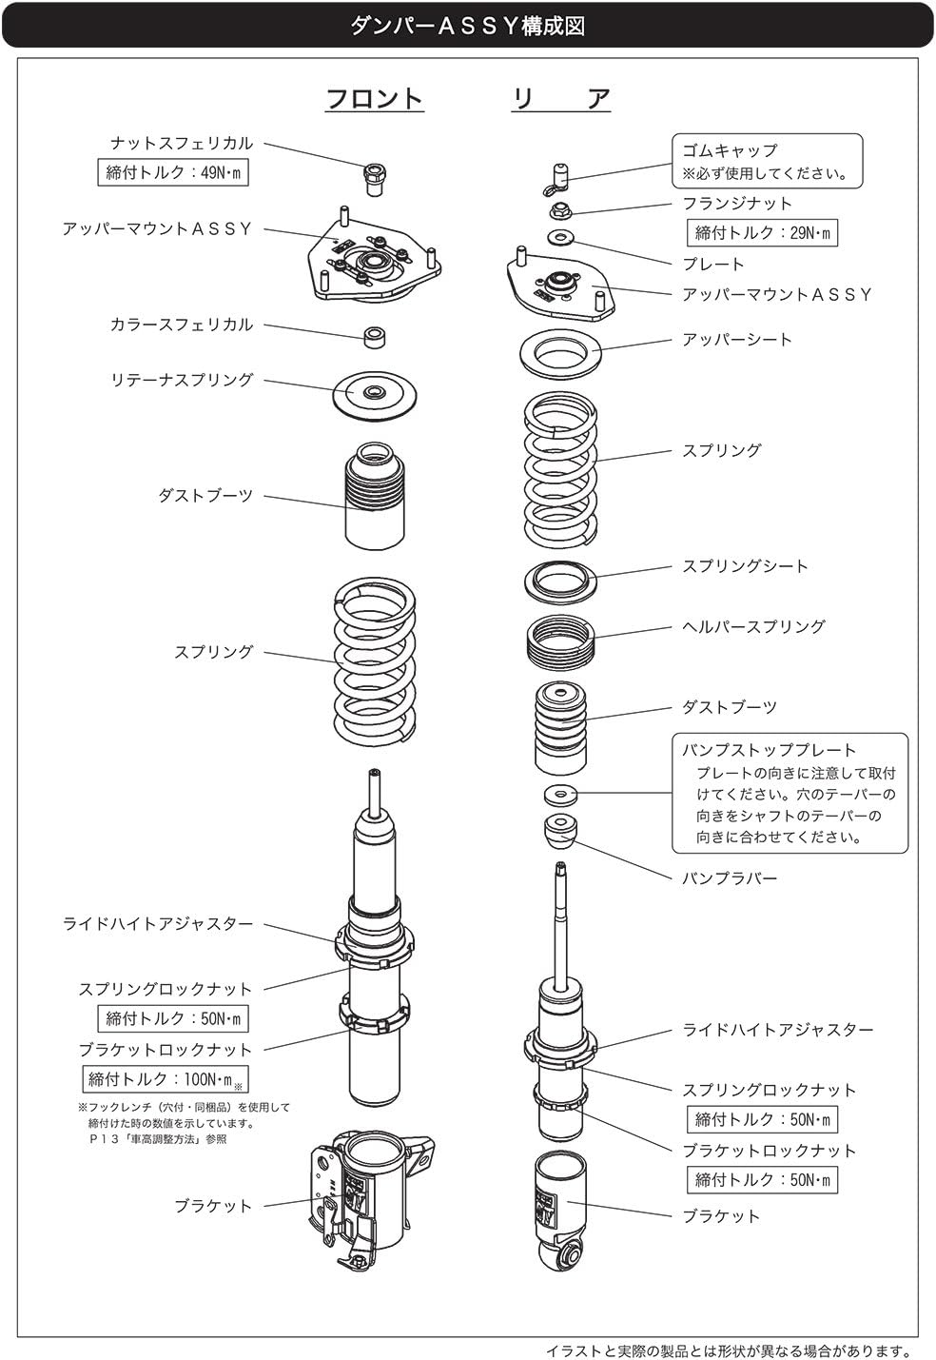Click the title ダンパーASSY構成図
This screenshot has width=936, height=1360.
467,26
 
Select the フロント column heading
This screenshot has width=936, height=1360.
374,98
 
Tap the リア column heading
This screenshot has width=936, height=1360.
561,98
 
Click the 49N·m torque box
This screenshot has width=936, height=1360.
173,173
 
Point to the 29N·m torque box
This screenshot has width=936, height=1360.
762,233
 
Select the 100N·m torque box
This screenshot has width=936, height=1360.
166,1079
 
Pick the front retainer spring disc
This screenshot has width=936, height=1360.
374,392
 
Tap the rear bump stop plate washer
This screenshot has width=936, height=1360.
560,793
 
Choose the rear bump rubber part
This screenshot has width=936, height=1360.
560,831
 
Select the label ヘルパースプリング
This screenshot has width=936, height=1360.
753,627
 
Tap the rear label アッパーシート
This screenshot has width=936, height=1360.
737,340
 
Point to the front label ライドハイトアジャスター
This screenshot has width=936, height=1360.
159,924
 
